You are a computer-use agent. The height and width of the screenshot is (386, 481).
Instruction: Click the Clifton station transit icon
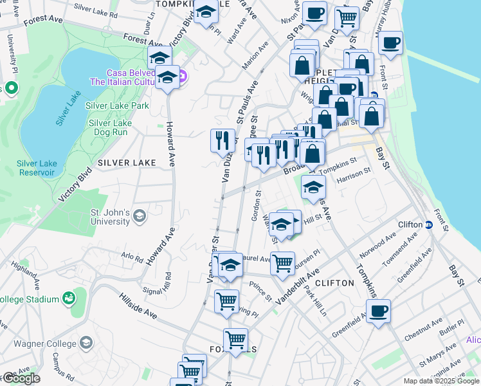428,225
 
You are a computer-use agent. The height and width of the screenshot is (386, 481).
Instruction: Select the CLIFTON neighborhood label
335,283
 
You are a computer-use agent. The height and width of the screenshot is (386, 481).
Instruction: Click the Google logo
21,378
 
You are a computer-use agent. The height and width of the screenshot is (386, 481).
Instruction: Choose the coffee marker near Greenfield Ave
378,311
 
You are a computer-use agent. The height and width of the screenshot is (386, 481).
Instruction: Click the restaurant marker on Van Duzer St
222,140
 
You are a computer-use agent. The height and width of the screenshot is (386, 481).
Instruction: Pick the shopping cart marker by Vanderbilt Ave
282,263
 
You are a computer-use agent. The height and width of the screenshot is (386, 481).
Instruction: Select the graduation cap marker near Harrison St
313,187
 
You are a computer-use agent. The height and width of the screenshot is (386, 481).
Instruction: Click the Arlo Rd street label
132,257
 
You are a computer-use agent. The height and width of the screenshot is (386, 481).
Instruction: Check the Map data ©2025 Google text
442,381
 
